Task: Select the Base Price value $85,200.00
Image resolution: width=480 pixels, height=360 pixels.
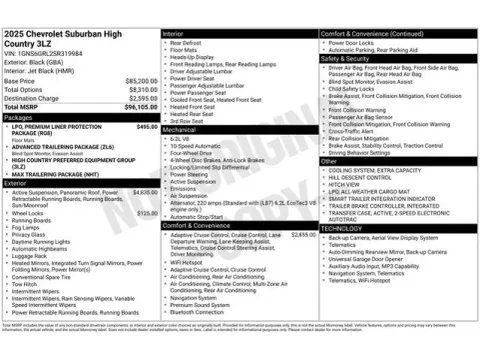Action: pyautogui.click(x=141, y=81)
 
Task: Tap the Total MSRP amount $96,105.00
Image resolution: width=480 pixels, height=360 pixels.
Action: pyautogui.click(x=139, y=107)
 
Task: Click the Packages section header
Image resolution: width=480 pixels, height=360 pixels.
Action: pyautogui.click(x=21, y=117)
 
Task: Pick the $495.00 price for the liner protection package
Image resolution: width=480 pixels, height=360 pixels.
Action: pyautogui.click(x=147, y=126)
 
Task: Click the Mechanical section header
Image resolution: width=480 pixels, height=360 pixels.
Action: pyautogui.click(x=180, y=130)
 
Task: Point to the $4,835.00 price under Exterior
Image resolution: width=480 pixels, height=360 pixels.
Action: pyautogui.click(x=146, y=191)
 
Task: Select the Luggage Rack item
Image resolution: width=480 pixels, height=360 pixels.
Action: pyautogui.click(x=30, y=255)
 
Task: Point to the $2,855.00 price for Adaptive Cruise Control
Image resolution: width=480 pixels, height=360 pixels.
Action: pyautogui.click(x=303, y=234)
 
